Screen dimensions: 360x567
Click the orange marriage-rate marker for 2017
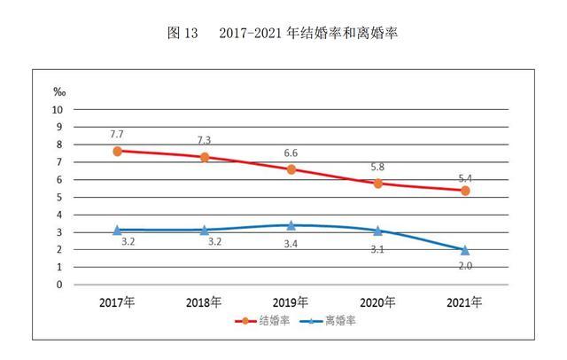[117, 151]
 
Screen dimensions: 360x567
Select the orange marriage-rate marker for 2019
[291, 168]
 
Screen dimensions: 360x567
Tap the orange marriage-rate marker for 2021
[465, 191]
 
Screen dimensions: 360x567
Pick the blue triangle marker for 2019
[291, 225]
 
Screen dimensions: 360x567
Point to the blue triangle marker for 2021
[465, 250]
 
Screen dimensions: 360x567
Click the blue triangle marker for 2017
[117, 229]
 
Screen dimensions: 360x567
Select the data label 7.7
[117, 134]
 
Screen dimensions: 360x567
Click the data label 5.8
[378, 166]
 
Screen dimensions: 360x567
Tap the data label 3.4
[291, 242]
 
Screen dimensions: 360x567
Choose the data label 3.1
[378, 248]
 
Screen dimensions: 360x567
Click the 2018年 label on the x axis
[204, 302]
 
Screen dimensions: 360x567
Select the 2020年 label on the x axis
[378, 302]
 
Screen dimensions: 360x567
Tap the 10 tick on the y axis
[58, 110]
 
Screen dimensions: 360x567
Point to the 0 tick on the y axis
[61, 285]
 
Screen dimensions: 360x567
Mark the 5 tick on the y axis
[61, 197]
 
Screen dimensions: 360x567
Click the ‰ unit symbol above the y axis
[59, 92]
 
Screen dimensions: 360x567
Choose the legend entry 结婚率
[263, 320]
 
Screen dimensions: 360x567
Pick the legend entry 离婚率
[330, 320]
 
